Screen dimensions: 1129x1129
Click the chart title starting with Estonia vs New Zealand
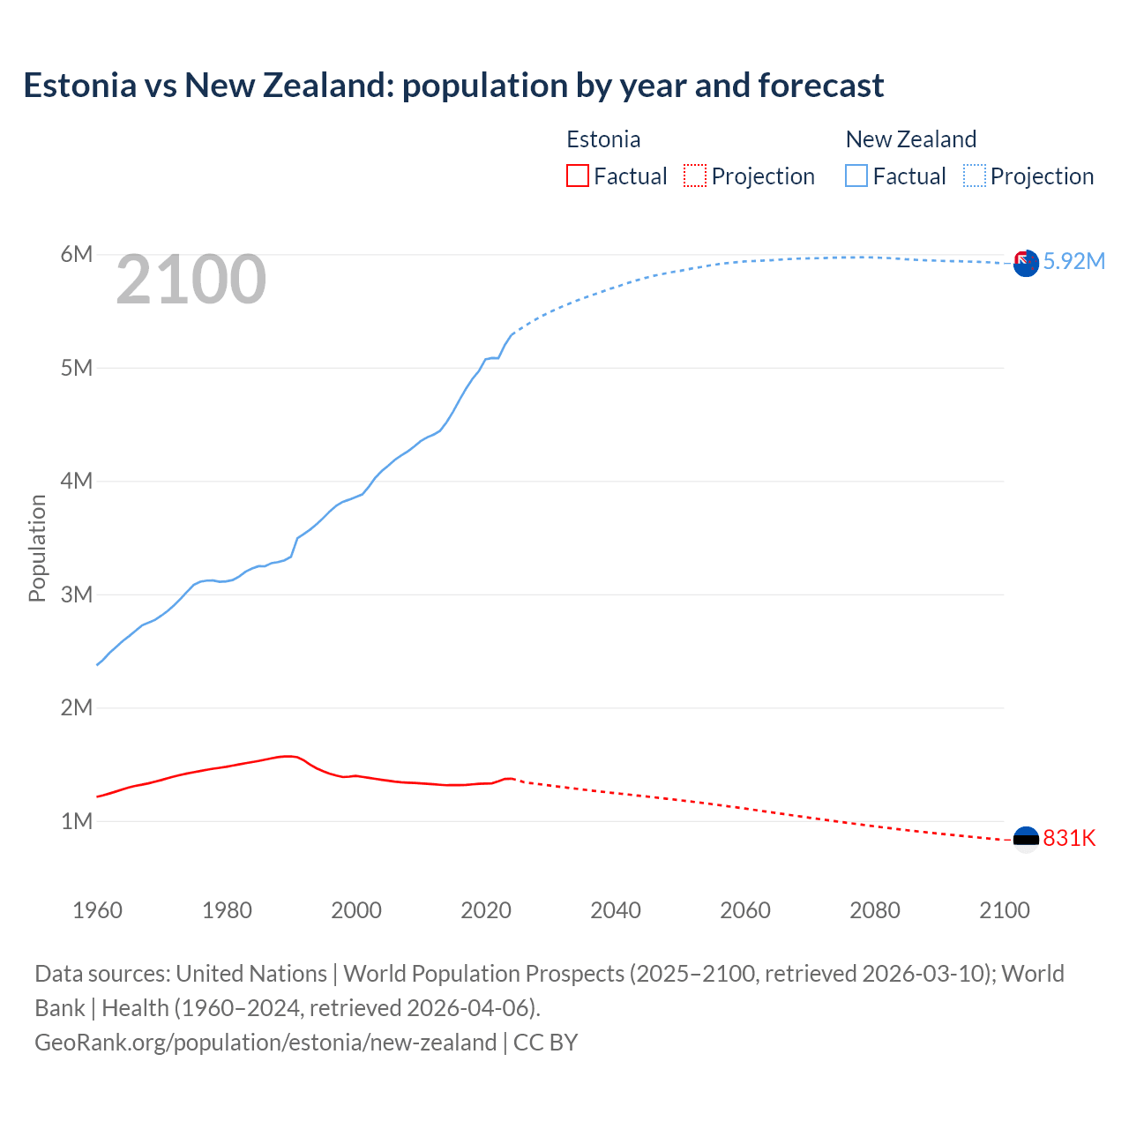coord(453,86)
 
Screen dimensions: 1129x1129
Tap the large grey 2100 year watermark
coord(191,280)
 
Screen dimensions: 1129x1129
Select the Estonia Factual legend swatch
coord(577,176)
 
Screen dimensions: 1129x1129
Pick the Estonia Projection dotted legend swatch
coord(695,176)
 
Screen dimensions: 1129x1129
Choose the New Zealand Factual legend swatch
coord(856,176)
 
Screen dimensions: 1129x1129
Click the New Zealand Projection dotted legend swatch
coord(975,176)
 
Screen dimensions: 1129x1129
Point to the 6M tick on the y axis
coord(77,255)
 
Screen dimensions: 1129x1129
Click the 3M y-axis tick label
coord(77,594)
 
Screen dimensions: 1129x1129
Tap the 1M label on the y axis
coord(77,821)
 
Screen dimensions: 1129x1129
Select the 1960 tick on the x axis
coord(97,910)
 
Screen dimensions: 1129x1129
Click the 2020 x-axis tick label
coord(486,910)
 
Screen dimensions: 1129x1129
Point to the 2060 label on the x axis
coord(745,910)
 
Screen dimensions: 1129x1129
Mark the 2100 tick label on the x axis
coord(1004,910)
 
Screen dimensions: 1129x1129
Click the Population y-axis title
coord(37,548)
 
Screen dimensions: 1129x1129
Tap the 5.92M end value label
coord(1073,261)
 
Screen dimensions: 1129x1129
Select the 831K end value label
coord(1069,838)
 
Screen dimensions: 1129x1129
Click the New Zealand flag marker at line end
coord(1026,263)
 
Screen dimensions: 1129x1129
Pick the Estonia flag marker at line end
coord(1026,839)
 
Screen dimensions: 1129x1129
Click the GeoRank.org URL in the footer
coord(265,1043)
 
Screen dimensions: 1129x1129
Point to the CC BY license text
coord(545,1043)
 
